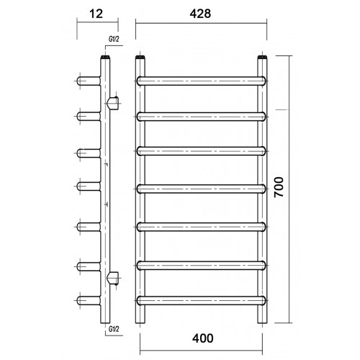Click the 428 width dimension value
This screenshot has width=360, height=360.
pyautogui.click(x=200, y=14)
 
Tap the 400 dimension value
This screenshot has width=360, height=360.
pyautogui.click(x=203, y=338)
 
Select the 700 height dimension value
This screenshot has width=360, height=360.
pyautogui.click(x=279, y=187)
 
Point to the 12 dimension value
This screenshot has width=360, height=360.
pyautogui.click(x=96, y=14)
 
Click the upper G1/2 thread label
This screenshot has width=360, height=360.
pyautogui.click(x=114, y=39)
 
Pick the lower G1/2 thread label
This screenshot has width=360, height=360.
pyautogui.click(x=114, y=329)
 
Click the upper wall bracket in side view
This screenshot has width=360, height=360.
pyautogui.click(x=113, y=103)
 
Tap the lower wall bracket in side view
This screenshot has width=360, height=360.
pyautogui.click(x=113, y=278)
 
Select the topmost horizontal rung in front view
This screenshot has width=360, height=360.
pyautogui.click(x=202, y=81)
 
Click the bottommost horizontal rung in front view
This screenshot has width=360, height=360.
pyautogui.click(x=202, y=300)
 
